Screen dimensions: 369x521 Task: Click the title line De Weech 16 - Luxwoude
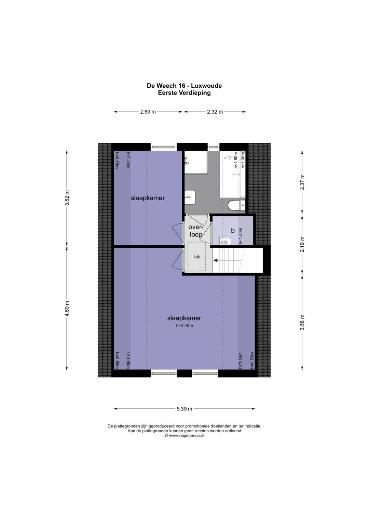click(x=184, y=86)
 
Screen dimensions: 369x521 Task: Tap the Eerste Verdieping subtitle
click(x=184, y=93)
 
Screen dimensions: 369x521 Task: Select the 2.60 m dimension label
click(x=148, y=112)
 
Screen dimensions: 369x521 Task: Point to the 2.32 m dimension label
click(x=215, y=112)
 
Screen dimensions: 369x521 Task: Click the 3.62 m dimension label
click(x=67, y=198)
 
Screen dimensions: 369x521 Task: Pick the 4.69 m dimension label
click(x=67, y=308)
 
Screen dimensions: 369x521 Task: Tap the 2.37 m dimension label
click(x=302, y=182)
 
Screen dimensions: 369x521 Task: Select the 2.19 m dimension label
click(x=302, y=244)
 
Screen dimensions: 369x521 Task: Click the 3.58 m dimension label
click(x=302, y=322)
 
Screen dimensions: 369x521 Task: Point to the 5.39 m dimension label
click(x=184, y=409)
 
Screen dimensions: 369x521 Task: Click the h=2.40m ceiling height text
click(x=184, y=325)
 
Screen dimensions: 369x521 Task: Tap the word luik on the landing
click(x=197, y=257)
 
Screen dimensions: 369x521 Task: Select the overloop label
click(x=196, y=231)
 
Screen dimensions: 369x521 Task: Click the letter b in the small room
click(x=232, y=231)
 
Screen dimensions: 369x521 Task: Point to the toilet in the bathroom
click(x=236, y=205)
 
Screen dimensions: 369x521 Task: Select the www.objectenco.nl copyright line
click(x=184, y=435)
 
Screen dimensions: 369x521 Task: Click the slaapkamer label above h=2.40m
click(x=184, y=318)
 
